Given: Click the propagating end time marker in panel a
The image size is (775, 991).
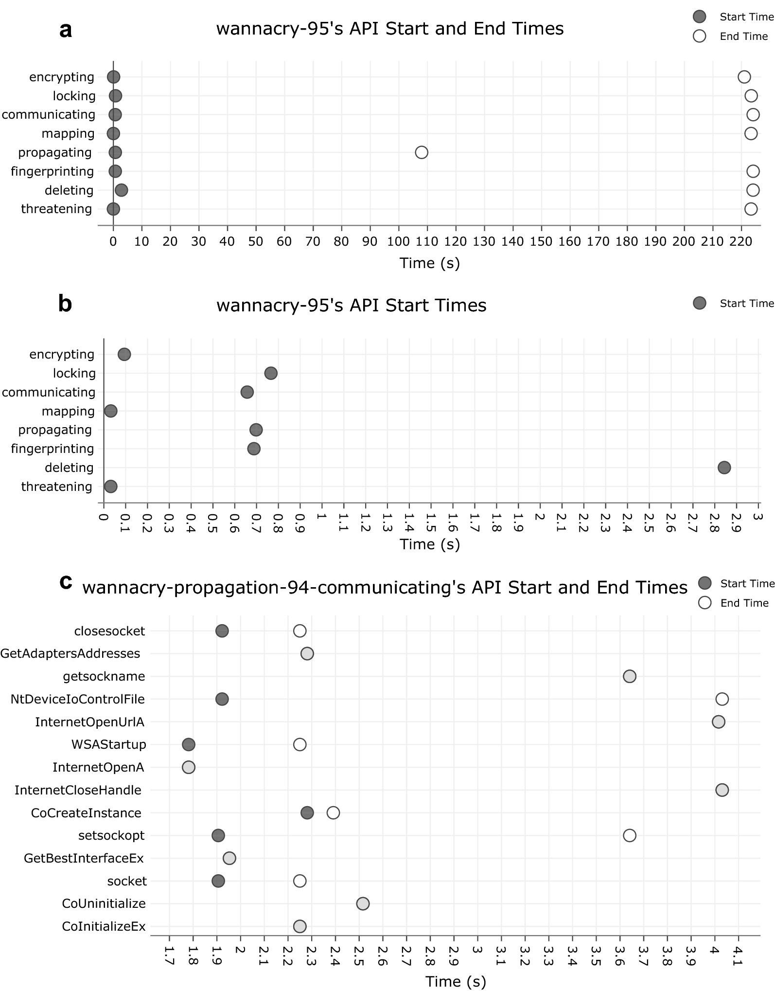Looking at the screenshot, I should [422, 152].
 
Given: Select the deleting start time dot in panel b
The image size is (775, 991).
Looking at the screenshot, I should [724, 468].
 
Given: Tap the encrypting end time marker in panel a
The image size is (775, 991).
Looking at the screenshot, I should [744, 77].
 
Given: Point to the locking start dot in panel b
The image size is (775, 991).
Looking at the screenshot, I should [271, 373].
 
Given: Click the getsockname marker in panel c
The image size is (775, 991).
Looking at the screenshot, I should [630, 676].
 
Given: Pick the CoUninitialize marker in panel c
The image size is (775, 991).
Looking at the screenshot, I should [363, 903].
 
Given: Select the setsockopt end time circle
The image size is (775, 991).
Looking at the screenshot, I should [630, 835].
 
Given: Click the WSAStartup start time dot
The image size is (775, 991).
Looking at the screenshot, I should [189, 744].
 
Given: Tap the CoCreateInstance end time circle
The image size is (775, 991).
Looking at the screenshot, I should [333, 812].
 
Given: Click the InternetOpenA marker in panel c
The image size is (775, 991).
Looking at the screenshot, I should [189, 767].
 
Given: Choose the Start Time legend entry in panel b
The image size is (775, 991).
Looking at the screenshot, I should [734, 304].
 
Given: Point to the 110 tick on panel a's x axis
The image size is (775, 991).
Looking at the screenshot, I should [427, 242].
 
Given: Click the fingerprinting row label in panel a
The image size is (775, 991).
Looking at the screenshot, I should [53, 171].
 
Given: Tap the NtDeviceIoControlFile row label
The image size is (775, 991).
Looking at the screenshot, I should [78, 699].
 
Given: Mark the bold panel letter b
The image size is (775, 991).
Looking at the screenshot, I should [65, 304].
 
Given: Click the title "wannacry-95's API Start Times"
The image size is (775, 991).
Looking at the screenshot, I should [351, 306].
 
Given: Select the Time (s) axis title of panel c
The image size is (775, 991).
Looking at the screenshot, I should [456, 981].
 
